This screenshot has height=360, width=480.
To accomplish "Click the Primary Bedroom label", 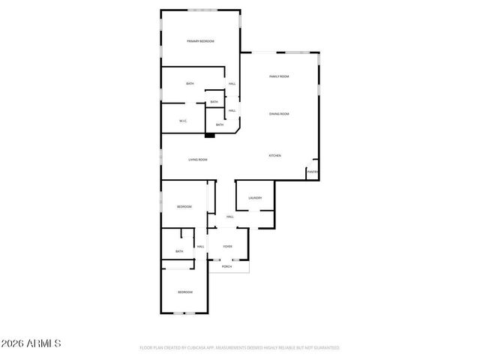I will [200, 41].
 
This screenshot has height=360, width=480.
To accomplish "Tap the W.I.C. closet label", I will [183, 121].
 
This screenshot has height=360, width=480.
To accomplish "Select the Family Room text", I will [280, 76].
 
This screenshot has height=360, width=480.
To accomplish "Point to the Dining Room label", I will [280, 114].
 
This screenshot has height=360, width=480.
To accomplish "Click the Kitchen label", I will [275, 155].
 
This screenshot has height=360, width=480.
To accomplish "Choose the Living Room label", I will [198, 160].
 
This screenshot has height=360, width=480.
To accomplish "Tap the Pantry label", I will [313, 172].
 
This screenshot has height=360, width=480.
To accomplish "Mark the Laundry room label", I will [255, 198].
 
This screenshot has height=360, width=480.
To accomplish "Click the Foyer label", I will [227, 246].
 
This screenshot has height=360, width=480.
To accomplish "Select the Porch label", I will [226, 266].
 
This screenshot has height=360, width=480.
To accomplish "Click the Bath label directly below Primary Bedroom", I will [190, 84].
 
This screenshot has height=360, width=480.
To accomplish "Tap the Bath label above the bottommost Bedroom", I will [179, 251].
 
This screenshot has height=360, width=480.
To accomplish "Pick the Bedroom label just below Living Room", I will [184, 207].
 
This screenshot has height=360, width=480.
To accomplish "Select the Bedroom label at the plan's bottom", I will [184, 292].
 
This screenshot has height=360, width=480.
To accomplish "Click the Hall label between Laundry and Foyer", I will [230, 217].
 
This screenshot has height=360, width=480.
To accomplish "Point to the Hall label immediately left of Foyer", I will [200, 246].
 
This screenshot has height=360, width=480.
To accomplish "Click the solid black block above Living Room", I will [210, 135].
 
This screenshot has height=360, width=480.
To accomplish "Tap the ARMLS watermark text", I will [31, 343].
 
